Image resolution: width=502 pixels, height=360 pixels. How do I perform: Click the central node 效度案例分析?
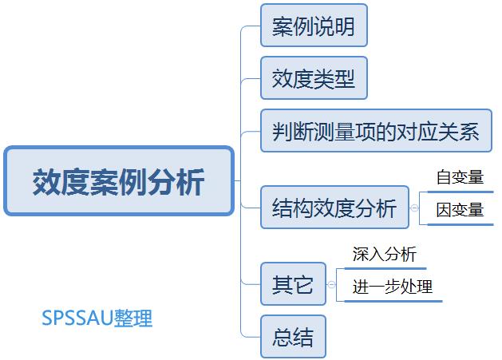tap(119, 181)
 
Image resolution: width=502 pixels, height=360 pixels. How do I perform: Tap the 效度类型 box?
tap(314, 78)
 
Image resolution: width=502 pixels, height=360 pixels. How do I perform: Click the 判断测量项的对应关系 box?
tap(375, 131)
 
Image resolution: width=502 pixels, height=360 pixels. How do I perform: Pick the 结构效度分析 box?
tap(334, 208)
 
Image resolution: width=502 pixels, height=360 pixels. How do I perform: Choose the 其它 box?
tap(293, 284)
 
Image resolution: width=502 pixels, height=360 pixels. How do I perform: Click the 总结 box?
tap(293, 337)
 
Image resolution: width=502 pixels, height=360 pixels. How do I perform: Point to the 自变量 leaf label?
tap(460, 177)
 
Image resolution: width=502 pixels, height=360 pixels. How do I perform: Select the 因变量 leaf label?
tap(460, 210)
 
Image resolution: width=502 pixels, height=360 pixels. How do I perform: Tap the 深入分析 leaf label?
tap(385, 255)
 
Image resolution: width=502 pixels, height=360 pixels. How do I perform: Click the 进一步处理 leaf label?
tap(393, 287)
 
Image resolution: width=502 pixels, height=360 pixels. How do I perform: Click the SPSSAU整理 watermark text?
tap(97, 318)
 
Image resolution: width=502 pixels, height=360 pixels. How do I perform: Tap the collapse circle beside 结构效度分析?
tap(414, 208)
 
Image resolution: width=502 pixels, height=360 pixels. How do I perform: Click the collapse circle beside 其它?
tap(331, 284)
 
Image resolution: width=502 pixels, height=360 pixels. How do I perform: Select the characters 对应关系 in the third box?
tap(439, 131)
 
